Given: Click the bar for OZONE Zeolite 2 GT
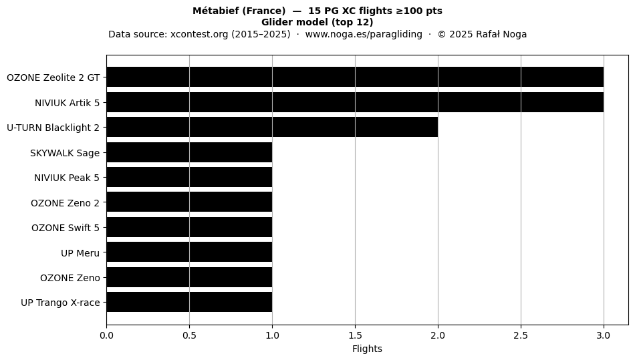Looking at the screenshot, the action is (x=355, y=77).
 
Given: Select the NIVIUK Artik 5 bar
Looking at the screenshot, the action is (x=355, y=102).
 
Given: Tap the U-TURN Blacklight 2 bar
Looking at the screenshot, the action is (x=272, y=127).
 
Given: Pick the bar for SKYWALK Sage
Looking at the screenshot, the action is (x=190, y=152).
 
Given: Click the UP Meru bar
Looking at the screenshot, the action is (x=190, y=252).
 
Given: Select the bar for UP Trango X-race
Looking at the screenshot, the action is (x=190, y=302).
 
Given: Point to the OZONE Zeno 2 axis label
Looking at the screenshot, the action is (x=66, y=203).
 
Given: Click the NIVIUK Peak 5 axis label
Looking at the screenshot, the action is (x=67, y=178).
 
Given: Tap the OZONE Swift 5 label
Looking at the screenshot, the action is (x=66, y=228).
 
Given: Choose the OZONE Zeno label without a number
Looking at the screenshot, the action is (x=70, y=279).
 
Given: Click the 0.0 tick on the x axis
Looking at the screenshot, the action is (x=106, y=335).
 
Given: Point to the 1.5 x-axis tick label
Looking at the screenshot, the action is (x=355, y=335).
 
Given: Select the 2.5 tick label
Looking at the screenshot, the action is (x=521, y=335).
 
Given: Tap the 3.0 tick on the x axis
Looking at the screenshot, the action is (x=604, y=335).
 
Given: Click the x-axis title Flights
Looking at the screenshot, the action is (x=368, y=349).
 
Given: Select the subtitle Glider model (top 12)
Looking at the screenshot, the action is (x=317, y=22).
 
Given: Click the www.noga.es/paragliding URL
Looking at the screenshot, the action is (x=364, y=34).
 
